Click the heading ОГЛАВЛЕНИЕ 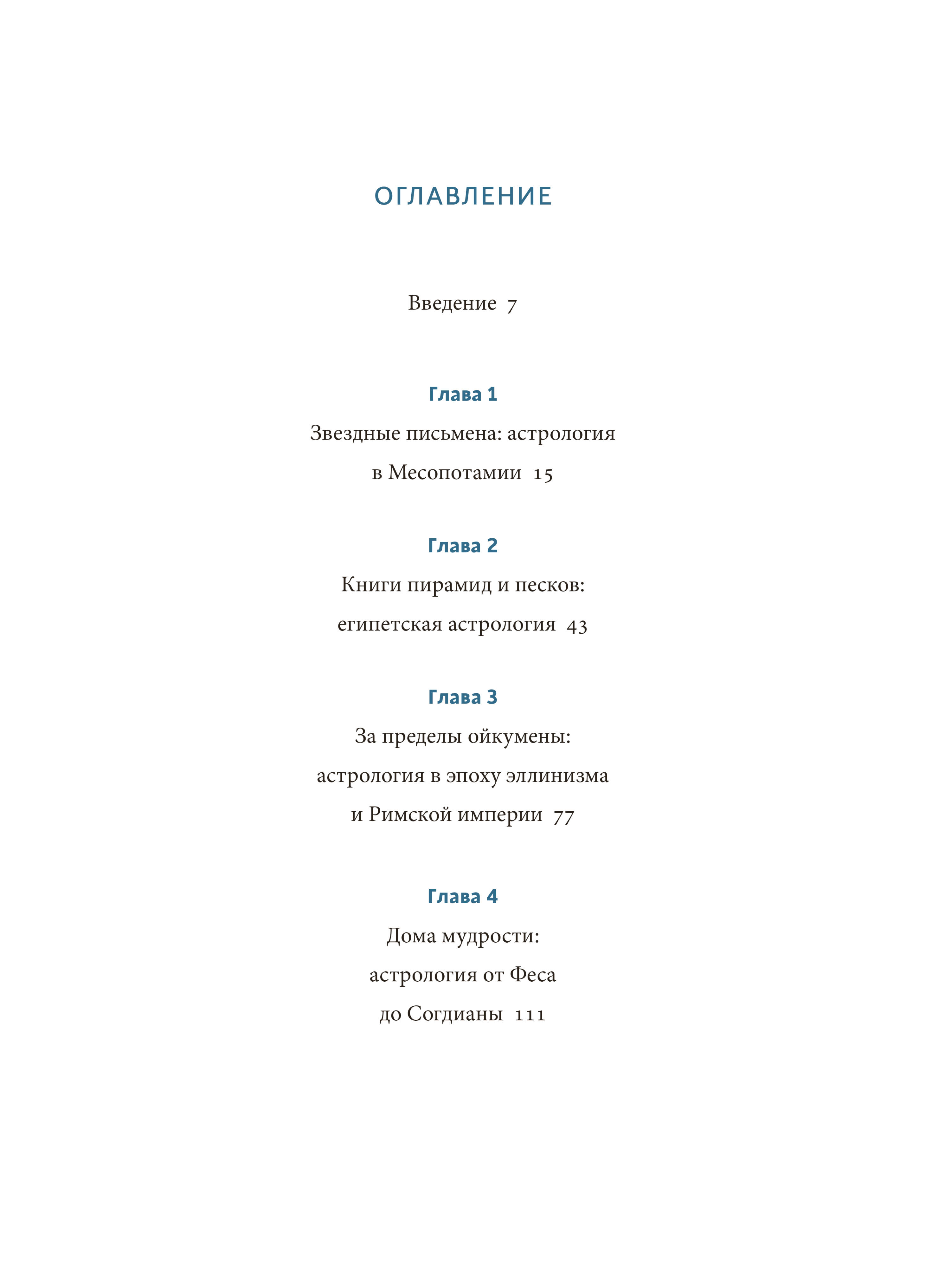pos(463,196)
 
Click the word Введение pos(452,303)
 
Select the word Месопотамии pos(455,473)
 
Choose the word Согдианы pos(455,1014)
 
